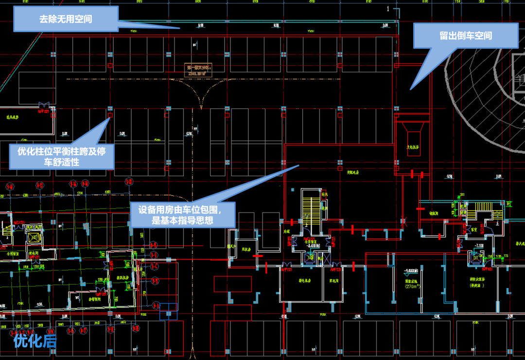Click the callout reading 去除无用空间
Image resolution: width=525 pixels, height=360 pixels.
pyautogui.click(x=66, y=20)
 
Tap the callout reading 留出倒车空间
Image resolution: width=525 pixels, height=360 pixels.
pyautogui.click(x=466, y=36)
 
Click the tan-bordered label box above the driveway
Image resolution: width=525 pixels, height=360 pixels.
pyautogui.click(x=198, y=70)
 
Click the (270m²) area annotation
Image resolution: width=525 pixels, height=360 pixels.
pyautogui.click(x=412, y=287)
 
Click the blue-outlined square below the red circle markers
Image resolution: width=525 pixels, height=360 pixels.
pyautogui.click(x=168, y=311)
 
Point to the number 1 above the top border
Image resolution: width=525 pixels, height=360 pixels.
pyautogui.click(x=388, y=8)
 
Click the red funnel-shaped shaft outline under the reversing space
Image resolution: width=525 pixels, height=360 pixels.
pyautogui.click(x=413, y=139)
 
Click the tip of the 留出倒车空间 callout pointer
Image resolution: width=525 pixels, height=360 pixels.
pyautogui.click(x=411, y=89)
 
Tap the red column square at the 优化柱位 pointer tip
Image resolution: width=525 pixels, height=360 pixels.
pyautogui.click(x=110, y=115)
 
